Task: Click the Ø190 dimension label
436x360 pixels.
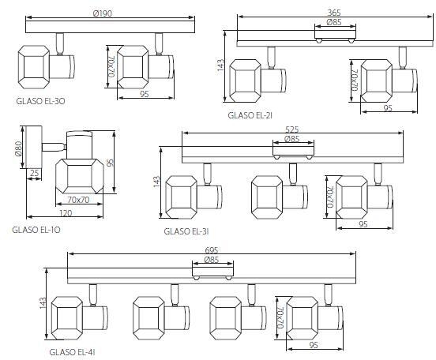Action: pyautogui.click(x=103, y=13)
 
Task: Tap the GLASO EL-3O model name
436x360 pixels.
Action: pyautogui.click(x=40, y=101)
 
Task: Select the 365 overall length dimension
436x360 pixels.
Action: pyautogui.click(x=334, y=13)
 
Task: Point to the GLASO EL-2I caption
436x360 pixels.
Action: pyautogui.click(x=250, y=115)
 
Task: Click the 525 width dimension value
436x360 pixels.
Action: pyautogui.click(x=292, y=129)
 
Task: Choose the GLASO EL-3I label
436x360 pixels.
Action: pyautogui.click(x=186, y=231)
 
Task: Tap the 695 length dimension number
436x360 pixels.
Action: pyautogui.click(x=212, y=250)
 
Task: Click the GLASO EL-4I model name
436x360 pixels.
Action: pyautogui.click(x=73, y=352)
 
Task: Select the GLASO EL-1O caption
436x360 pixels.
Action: pyautogui.click(x=36, y=230)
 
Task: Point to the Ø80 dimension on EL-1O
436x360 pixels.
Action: pyautogui.click(x=18, y=148)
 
